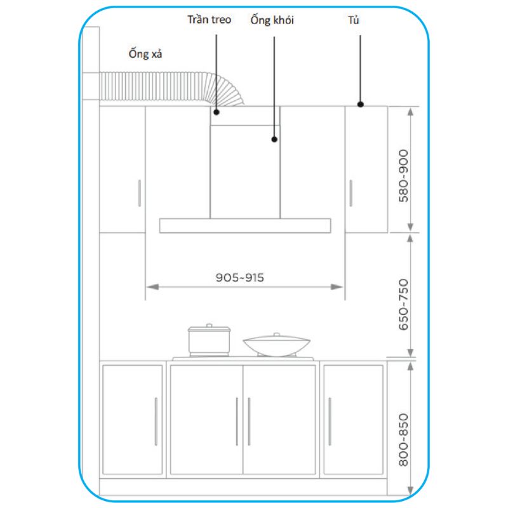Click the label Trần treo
point(210,20)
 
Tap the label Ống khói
point(272,20)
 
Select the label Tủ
point(354,20)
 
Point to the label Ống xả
point(145,54)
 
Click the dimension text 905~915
point(240,277)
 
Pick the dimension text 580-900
point(403,176)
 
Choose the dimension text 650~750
point(403,305)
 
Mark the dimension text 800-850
point(403,439)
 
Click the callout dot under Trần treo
point(217,112)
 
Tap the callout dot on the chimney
point(274,139)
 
